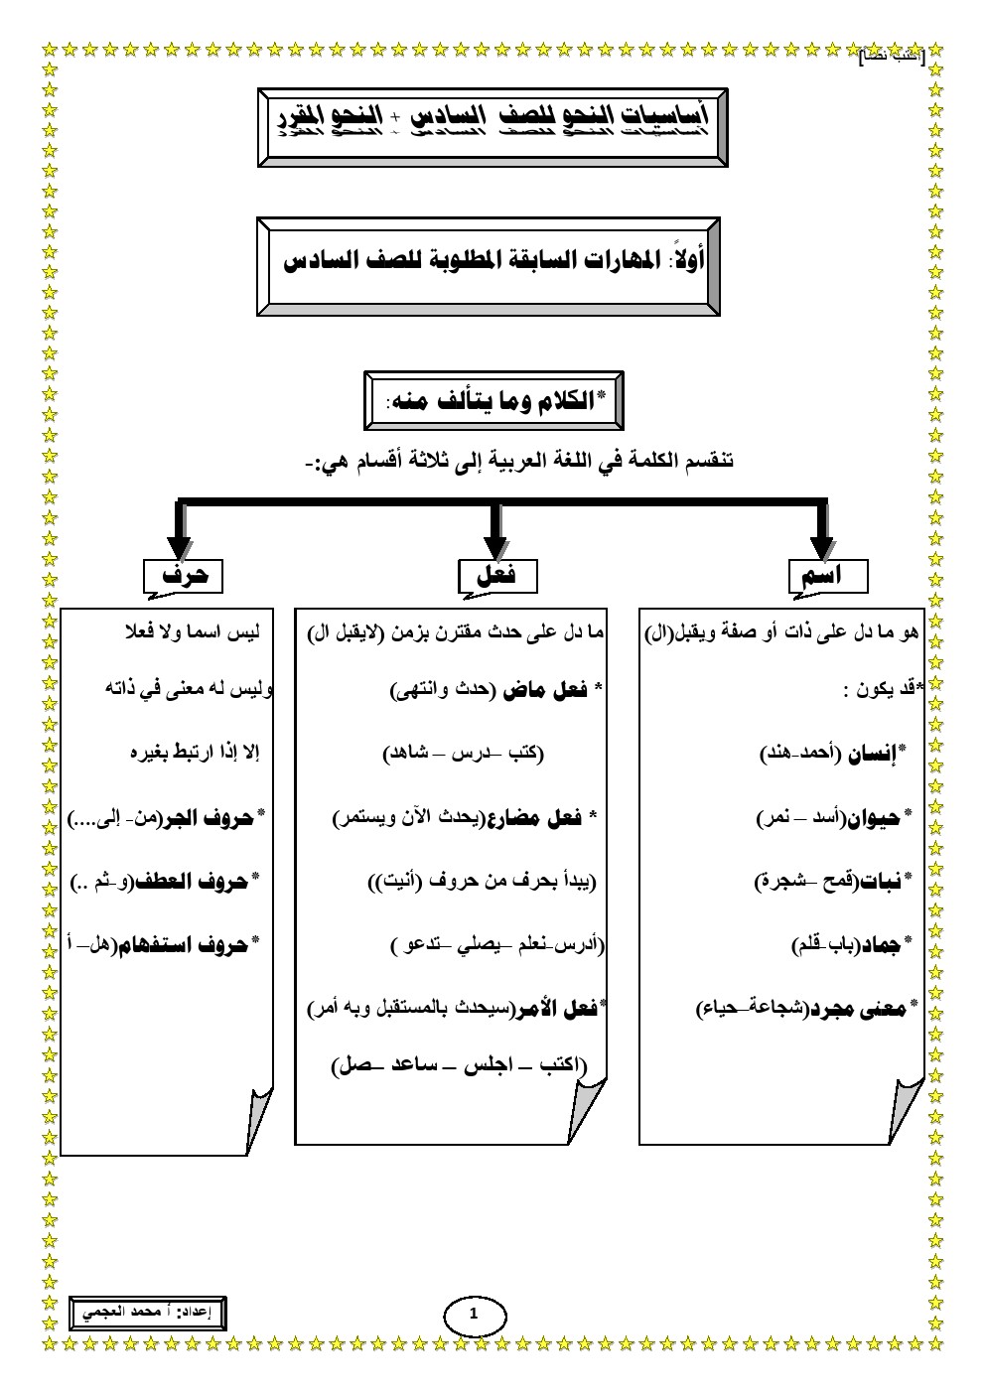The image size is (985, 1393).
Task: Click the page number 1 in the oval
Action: coord(473,1315)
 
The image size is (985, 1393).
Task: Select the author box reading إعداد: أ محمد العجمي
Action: coord(148,1312)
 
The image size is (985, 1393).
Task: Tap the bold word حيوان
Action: coord(872,818)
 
